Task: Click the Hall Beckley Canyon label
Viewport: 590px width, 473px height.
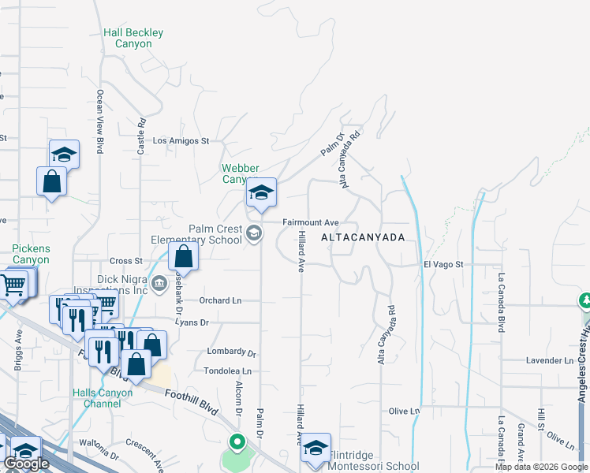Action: pyautogui.click(x=133, y=39)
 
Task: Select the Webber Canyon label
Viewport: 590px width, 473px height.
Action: pyautogui.click(x=240, y=173)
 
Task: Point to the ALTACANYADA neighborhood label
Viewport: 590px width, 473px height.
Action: pyautogui.click(x=364, y=237)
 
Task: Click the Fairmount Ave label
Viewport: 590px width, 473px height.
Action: pyautogui.click(x=311, y=223)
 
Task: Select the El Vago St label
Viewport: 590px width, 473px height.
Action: pyautogui.click(x=442, y=265)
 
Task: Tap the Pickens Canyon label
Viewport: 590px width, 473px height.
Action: pyautogui.click(x=31, y=254)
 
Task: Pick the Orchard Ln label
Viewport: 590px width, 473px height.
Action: pyautogui.click(x=220, y=300)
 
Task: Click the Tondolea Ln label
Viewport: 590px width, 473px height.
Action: pyautogui.click(x=227, y=371)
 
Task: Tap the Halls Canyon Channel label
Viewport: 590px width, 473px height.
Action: pyautogui.click(x=96, y=398)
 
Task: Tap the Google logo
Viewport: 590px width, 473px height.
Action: pyautogui.click(x=26, y=464)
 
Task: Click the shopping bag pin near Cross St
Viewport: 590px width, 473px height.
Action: pyautogui.click(x=183, y=256)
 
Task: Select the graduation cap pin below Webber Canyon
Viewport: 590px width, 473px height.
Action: pyautogui.click(x=261, y=193)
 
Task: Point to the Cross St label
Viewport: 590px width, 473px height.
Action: pyautogui.click(x=125, y=261)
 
